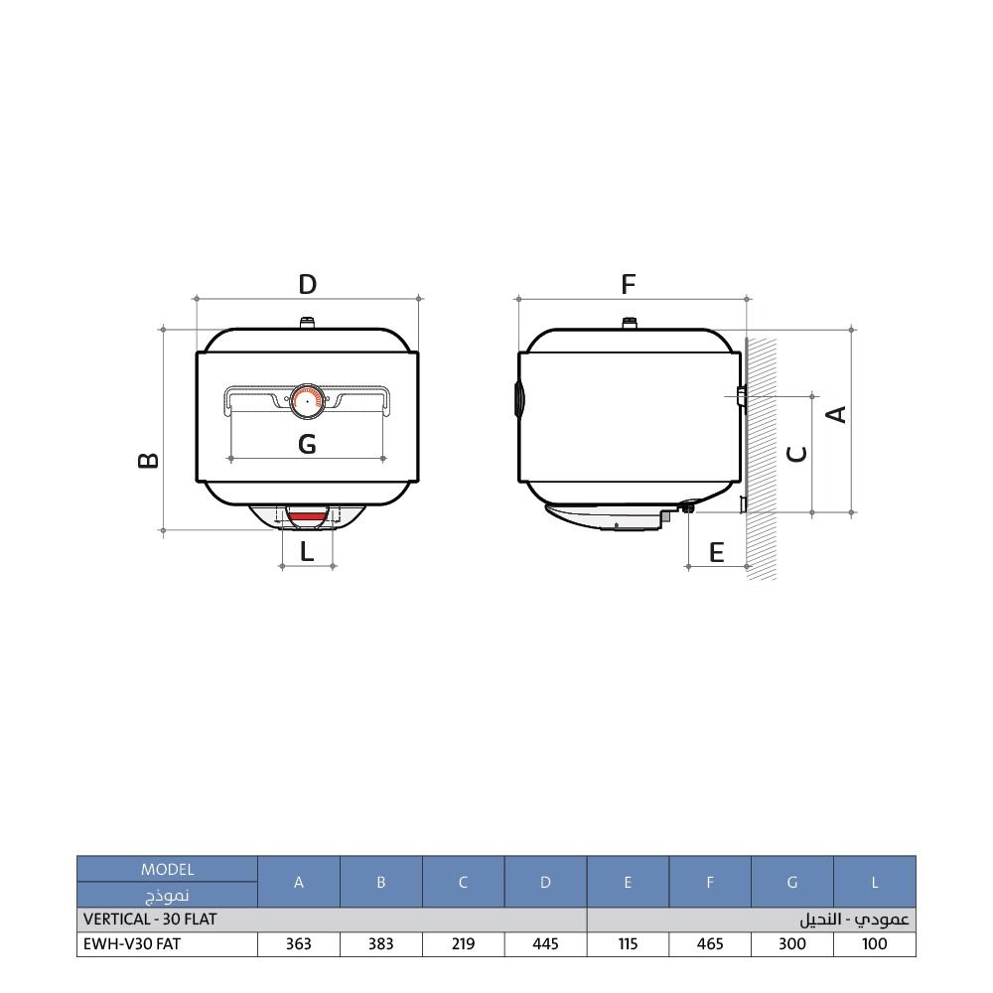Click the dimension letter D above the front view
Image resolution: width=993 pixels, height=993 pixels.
click(307, 284)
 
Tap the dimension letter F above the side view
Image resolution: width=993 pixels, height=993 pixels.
click(629, 284)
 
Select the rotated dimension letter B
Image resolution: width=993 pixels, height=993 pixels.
click(149, 460)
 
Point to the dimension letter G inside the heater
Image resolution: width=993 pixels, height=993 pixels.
click(307, 444)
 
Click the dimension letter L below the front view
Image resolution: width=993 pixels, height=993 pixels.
click(307, 551)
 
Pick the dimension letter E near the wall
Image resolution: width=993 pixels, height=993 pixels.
click(716, 552)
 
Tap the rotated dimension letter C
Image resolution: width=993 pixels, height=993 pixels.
click(796, 454)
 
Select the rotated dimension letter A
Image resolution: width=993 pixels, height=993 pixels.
click(836, 415)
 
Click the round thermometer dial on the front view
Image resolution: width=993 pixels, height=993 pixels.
click(307, 401)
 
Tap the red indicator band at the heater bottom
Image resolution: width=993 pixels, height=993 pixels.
click(307, 515)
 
